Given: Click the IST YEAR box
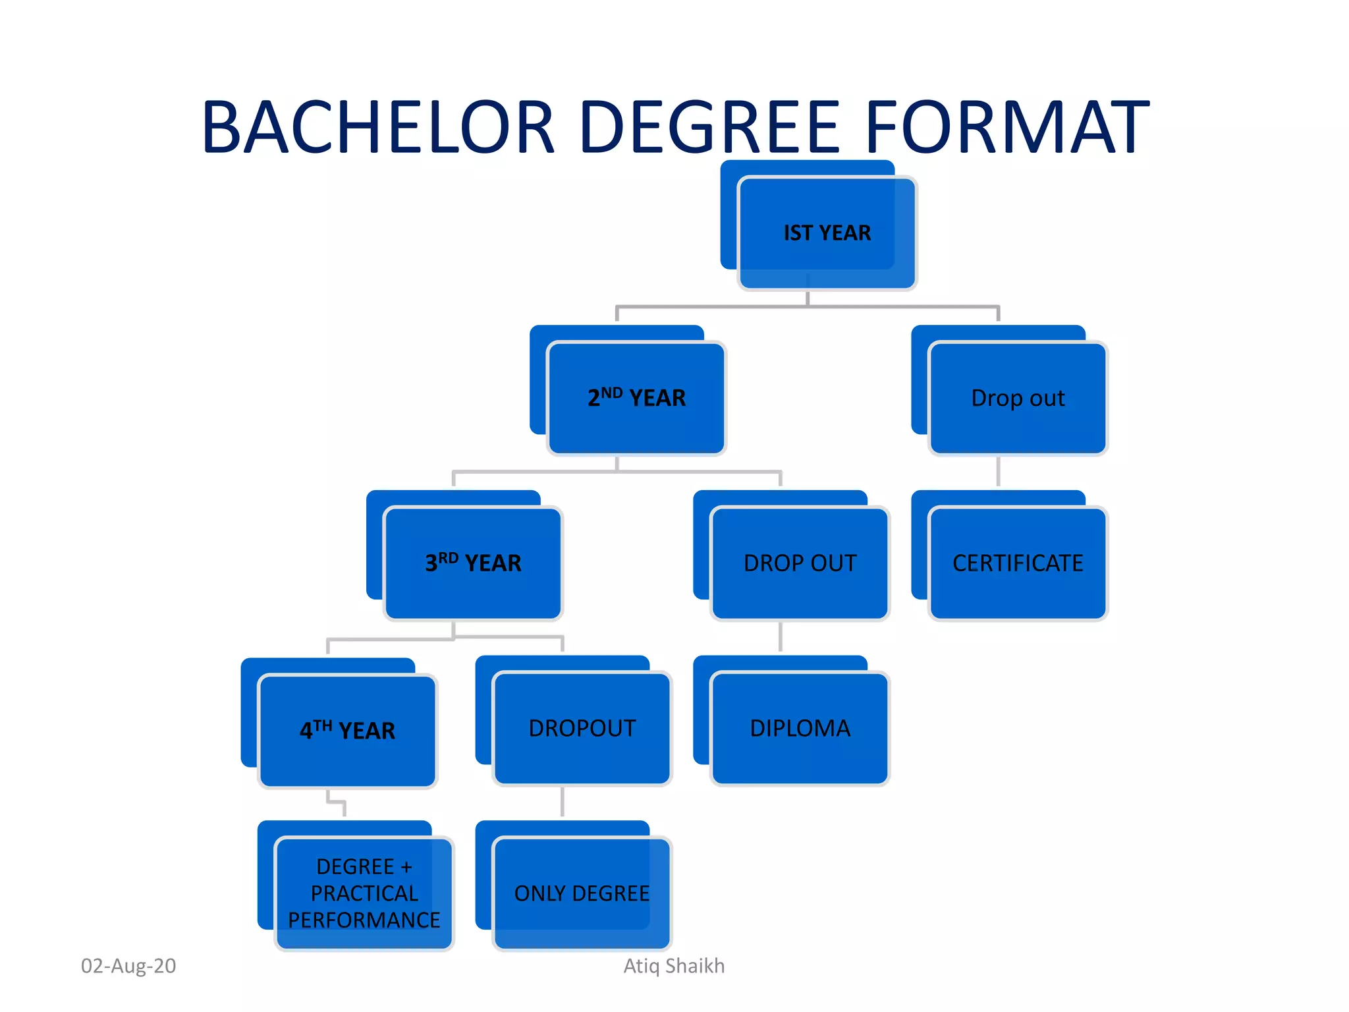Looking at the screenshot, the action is click(827, 233).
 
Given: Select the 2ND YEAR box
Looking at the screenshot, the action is click(636, 398).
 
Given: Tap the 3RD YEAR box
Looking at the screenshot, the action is click(473, 563).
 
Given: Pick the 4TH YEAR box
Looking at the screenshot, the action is click(347, 731).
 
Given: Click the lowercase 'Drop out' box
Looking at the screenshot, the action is click(1018, 398).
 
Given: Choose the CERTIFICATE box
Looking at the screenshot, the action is click(1018, 563).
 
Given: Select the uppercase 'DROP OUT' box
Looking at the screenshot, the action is click(800, 563).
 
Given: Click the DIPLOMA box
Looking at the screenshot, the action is click(800, 728).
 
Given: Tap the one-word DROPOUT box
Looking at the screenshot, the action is click(582, 728).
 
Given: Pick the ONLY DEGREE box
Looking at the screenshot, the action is click(582, 893).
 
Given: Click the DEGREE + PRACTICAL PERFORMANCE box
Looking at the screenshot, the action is click(364, 893).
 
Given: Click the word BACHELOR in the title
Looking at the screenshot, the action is click(379, 127).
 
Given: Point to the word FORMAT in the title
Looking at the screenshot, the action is click(1007, 127).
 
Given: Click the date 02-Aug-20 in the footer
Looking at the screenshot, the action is click(128, 966).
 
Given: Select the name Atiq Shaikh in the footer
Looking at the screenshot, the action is click(674, 966).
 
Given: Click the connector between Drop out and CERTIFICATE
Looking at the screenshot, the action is click(999, 472).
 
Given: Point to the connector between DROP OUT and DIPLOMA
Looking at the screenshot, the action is click(781, 636).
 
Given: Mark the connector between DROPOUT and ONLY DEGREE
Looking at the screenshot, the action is click(563, 801).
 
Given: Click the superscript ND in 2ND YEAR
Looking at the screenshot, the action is click(611, 393).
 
